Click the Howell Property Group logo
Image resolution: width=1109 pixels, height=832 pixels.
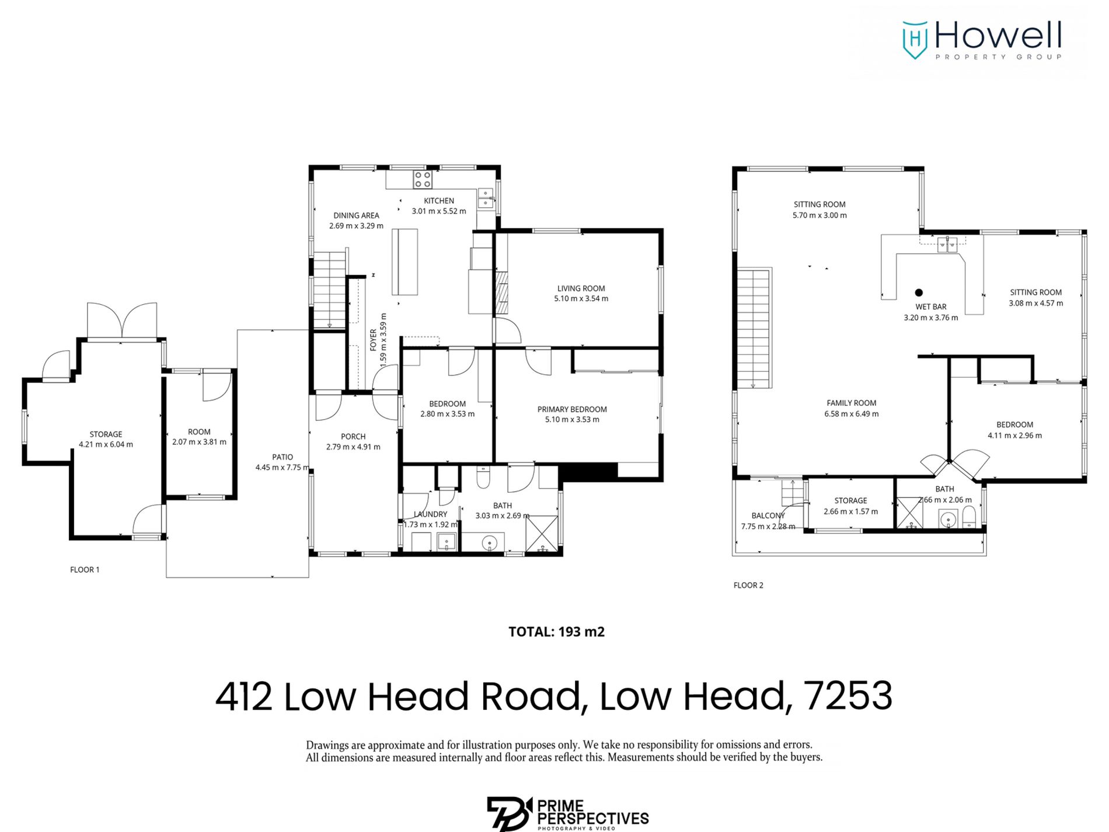click(x=981, y=40)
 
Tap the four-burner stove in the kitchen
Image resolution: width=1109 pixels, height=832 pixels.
click(x=422, y=179)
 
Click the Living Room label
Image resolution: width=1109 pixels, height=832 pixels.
click(x=580, y=288)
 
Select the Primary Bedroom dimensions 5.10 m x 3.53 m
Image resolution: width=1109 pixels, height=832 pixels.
click(x=571, y=419)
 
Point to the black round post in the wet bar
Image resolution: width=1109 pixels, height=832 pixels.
click(x=918, y=293)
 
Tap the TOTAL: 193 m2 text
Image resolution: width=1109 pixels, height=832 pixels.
click(x=556, y=632)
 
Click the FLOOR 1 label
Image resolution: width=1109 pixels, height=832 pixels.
click(x=85, y=569)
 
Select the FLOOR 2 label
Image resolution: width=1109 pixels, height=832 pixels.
click(x=748, y=585)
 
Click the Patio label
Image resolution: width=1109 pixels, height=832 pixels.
click(x=282, y=457)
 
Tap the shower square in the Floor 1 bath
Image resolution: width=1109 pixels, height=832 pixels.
click(x=541, y=533)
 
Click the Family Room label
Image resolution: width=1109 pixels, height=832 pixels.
click(x=851, y=403)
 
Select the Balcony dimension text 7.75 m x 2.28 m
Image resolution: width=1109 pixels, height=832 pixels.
click(x=768, y=526)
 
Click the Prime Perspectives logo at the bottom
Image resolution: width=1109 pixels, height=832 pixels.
click(x=567, y=813)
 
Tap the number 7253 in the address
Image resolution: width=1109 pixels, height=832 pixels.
click(x=848, y=696)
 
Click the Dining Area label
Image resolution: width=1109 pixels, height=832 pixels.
click(x=356, y=215)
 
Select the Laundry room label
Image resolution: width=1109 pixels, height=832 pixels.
click(x=430, y=514)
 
